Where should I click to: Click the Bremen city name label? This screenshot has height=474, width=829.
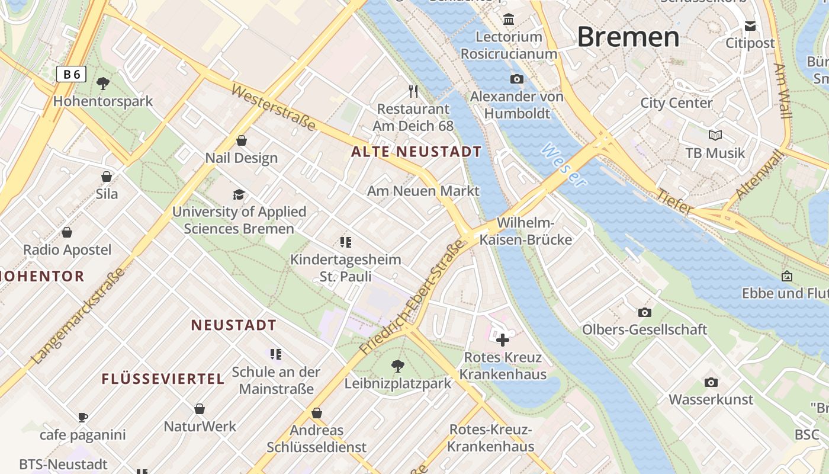(x=628, y=37)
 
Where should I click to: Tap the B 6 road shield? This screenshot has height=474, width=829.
(x=72, y=74)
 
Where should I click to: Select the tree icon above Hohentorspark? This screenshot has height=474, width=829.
(x=103, y=84)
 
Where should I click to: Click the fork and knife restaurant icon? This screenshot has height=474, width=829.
(x=413, y=91)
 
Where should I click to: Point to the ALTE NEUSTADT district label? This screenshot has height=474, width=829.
(x=416, y=152)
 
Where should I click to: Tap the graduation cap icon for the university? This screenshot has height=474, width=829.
(x=239, y=194)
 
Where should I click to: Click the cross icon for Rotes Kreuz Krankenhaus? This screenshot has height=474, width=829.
(x=503, y=340)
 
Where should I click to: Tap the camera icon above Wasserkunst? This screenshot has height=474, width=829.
(x=711, y=382)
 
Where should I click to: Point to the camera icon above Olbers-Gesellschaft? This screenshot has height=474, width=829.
(x=645, y=312)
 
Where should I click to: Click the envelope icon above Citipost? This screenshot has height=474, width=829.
(x=750, y=25)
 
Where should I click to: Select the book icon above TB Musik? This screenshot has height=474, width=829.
(x=715, y=135)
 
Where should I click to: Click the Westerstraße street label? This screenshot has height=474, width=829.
(x=273, y=107)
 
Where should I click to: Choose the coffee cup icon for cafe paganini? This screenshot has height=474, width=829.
(x=83, y=417)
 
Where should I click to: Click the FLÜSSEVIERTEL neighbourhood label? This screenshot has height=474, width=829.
(x=163, y=379)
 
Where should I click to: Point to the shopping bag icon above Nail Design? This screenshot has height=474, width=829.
(x=242, y=140)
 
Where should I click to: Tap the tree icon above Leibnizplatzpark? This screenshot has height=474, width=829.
(x=398, y=366)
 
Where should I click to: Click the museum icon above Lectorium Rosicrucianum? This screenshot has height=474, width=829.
(x=509, y=20)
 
